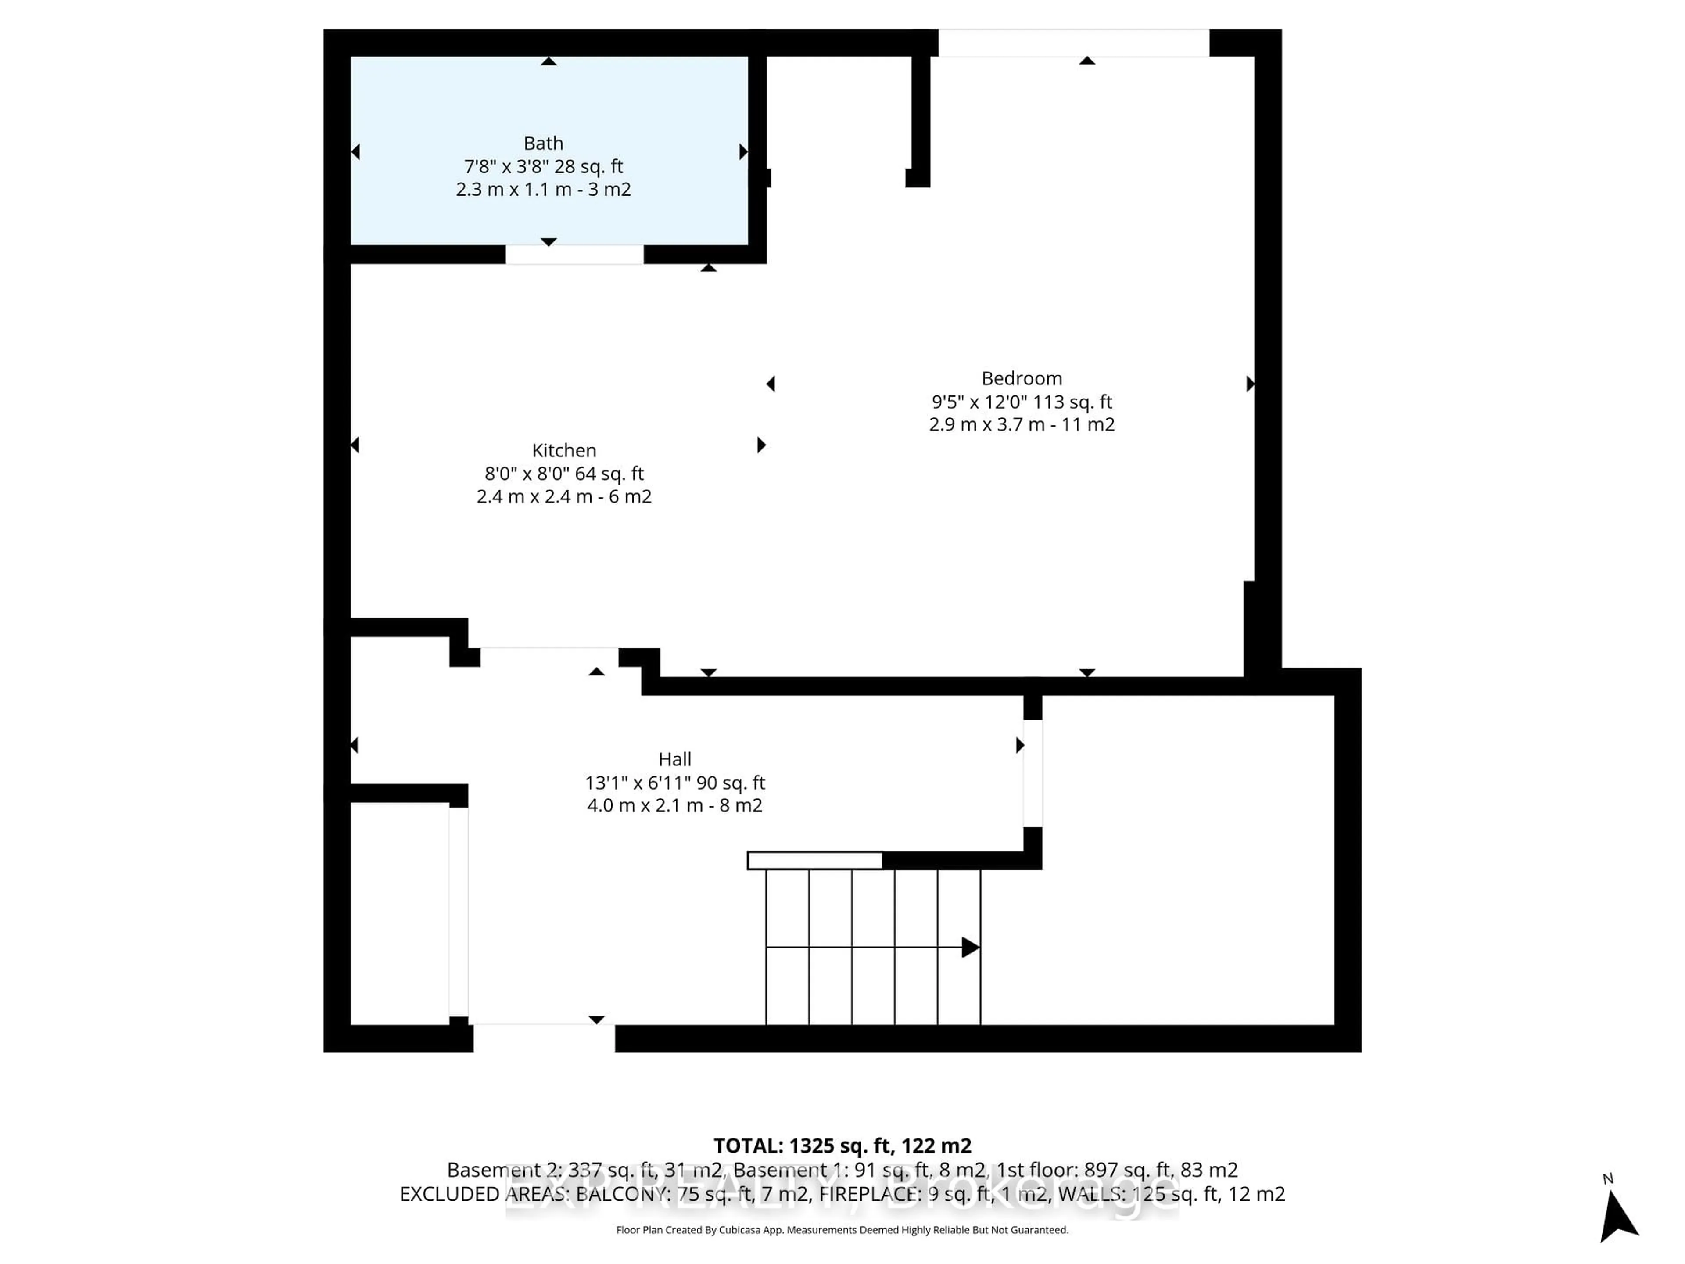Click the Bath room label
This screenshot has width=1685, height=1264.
tap(543, 143)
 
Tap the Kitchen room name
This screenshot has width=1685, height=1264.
tap(564, 450)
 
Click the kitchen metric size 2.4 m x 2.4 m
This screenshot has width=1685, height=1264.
tap(533, 497)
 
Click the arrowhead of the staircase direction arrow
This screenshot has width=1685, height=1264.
tap(970, 947)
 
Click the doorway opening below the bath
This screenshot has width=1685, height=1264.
tap(574, 255)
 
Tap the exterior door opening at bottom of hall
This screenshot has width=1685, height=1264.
tap(544, 1038)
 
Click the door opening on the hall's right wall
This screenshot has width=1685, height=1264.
tap(1032, 772)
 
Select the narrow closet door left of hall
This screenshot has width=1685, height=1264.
tap(458, 911)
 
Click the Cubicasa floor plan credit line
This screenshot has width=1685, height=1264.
tap(842, 1230)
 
